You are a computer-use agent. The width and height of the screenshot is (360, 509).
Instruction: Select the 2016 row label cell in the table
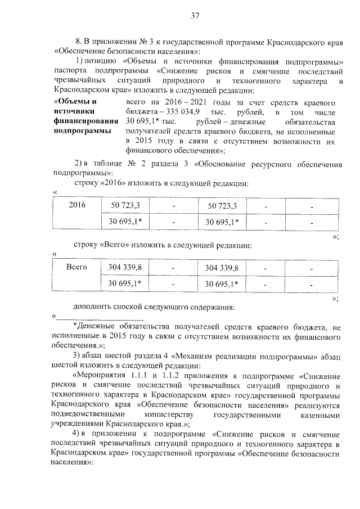click(x=76, y=205)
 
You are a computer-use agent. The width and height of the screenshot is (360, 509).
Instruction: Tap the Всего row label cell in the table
click(x=76, y=267)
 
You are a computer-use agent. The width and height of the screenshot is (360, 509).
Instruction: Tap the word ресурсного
click(x=265, y=164)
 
